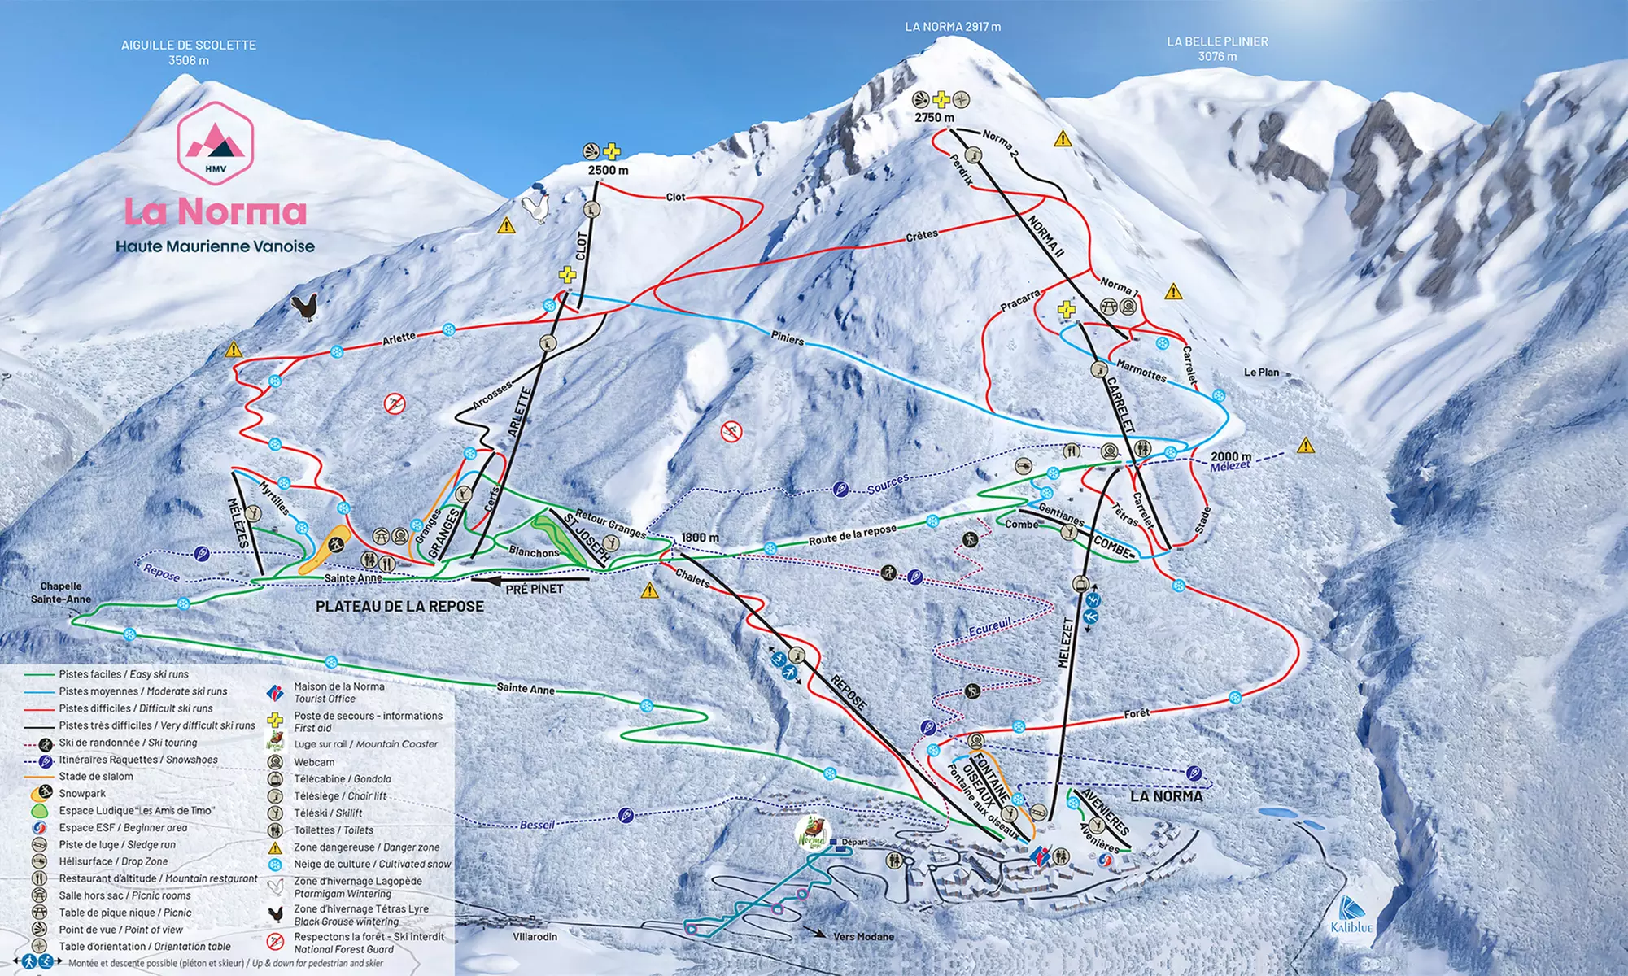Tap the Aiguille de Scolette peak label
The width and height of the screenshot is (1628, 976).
tap(189, 52)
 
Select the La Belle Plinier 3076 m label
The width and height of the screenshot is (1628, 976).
tap(1217, 48)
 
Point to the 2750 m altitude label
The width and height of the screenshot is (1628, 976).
tap(934, 118)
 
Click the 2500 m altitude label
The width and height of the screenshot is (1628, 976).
tap(608, 171)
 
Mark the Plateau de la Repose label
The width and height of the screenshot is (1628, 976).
tap(399, 607)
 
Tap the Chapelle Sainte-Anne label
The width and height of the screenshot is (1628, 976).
tap(61, 593)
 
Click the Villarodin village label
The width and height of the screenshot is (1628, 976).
tap(535, 937)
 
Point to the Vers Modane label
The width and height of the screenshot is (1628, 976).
tap(862, 937)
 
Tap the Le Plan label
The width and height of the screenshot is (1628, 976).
tap(1261, 373)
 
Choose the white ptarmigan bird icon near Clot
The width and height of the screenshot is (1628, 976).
tap(535, 208)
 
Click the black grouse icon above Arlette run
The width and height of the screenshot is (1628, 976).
tap(304, 307)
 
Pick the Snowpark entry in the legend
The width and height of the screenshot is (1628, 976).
tap(81, 794)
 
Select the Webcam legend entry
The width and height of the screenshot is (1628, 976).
tap(313, 762)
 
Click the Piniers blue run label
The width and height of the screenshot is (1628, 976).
tap(787, 338)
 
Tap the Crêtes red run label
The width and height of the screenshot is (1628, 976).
tap(921, 236)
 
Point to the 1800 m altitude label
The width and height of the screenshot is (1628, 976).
tap(700, 538)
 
